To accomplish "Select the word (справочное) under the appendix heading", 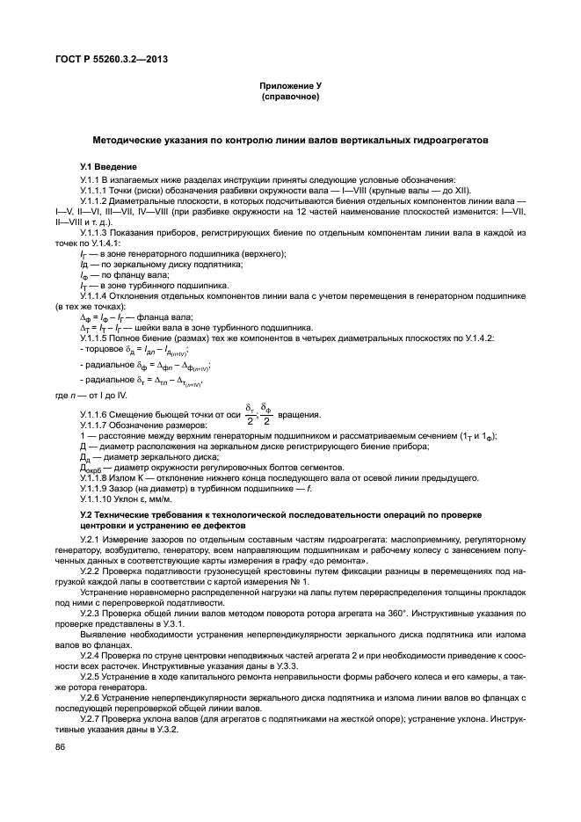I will pyautogui.click(x=290, y=97).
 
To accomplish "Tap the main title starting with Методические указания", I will pyautogui.click(x=290, y=140).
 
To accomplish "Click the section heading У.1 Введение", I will pyautogui.click(x=109, y=167).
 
